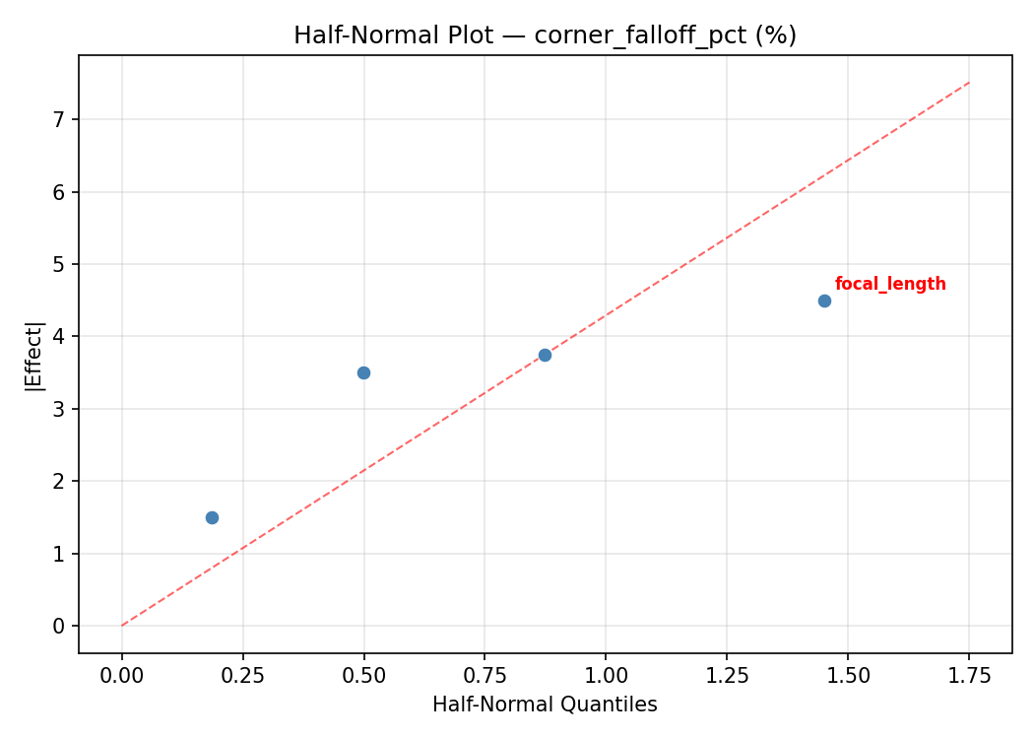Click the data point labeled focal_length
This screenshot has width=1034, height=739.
(824, 301)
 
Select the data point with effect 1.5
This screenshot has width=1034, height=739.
(212, 517)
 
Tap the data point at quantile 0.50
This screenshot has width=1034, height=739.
(363, 372)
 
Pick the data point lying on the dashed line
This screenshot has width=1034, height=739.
(545, 355)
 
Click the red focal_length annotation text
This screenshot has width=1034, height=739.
(890, 285)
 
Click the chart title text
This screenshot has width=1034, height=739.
(545, 35)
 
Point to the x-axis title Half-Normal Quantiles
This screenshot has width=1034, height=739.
(545, 705)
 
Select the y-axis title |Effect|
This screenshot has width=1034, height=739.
(34, 355)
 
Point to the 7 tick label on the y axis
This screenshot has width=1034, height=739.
(59, 119)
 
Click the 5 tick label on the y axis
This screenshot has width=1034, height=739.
(59, 264)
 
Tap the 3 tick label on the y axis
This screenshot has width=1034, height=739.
(59, 409)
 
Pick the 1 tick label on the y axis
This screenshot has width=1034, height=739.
(59, 554)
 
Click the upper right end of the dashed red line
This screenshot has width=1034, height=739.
(969, 82)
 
